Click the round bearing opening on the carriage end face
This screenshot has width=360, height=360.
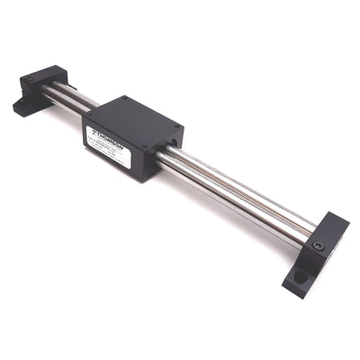169,141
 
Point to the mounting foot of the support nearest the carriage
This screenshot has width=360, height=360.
23,107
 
